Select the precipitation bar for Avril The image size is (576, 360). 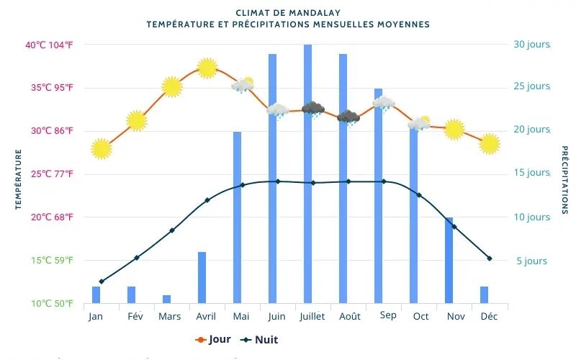tap(202, 277)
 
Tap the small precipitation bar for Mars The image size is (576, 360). tap(166, 299)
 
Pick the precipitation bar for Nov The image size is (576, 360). tap(449, 260)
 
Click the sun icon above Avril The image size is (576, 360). tap(207, 68)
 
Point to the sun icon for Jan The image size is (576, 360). tap(102, 149)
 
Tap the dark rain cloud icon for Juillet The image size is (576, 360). tap(312, 109)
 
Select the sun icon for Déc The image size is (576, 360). tap(490, 144)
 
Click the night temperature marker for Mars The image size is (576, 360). tap(172, 230)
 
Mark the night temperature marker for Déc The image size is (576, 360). tap(490, 258)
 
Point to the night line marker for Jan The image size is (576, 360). tap(102, 282)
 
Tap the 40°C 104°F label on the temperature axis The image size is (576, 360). tap(49, 45)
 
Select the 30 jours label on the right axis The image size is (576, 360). tap(531, 45)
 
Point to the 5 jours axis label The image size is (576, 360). tap(531, 261)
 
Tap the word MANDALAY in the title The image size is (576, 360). tap(315, 13)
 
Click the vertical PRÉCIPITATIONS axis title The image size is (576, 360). tap(564, 180)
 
